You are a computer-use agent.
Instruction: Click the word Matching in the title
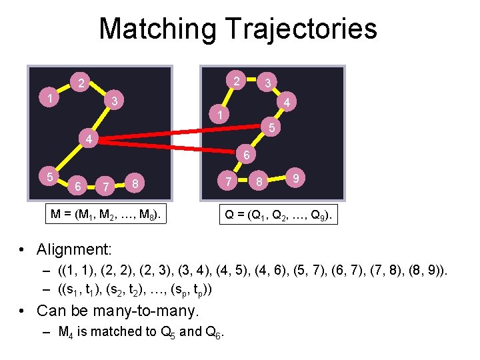point(157,29)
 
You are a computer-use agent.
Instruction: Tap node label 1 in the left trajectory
point(50,98)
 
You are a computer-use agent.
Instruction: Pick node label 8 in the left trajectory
point(135,183)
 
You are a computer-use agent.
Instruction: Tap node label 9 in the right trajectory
point(295,177)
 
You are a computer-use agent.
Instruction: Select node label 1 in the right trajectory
point(217,115)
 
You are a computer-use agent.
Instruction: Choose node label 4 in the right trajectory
point(286,103)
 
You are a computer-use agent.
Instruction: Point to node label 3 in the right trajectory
point(267,83)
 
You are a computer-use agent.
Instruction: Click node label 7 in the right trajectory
point(228,180)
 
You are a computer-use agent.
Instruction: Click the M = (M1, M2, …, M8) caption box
point(108,214)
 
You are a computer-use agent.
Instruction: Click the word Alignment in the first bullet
point(75,249)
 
